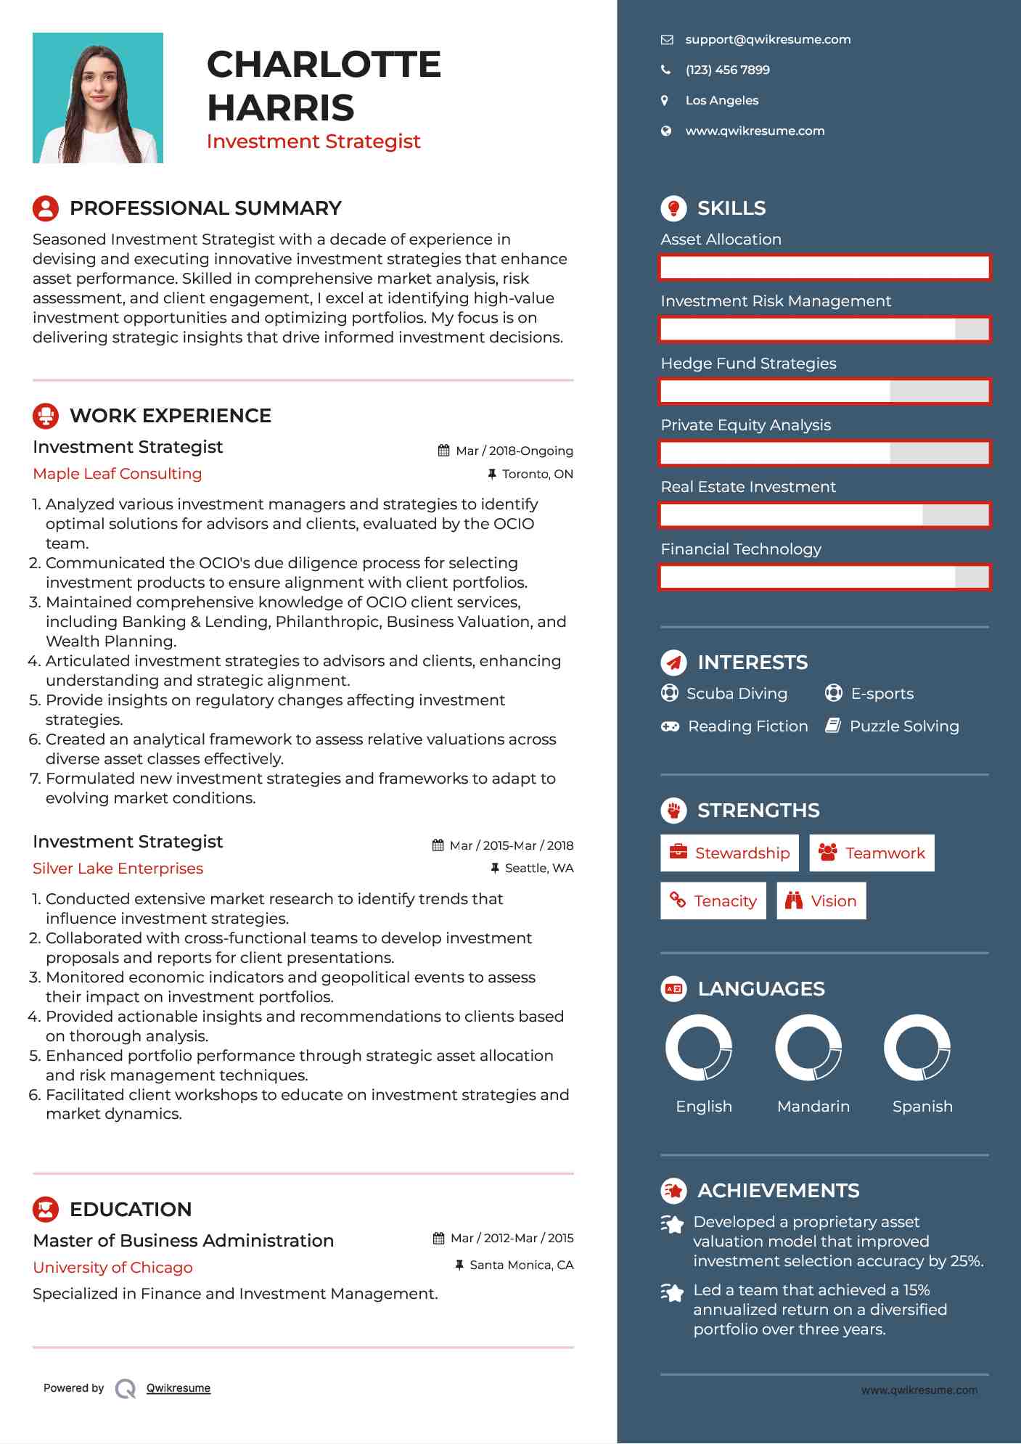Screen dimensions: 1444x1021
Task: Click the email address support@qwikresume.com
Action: tap(767, 40)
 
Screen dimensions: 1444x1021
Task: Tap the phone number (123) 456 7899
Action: tap(727, 70)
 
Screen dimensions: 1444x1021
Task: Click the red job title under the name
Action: tap(313, 141)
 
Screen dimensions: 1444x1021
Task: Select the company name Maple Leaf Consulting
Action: tap(118, 474)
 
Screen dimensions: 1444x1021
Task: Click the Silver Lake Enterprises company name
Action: tap(118, 869)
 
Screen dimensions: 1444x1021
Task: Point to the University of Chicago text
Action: tap(112, 1268)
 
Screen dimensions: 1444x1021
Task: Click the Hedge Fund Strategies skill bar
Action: tap(824, 392)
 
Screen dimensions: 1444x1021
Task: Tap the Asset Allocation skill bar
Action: tap(824, 268)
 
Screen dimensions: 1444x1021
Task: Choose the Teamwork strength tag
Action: tap(872, 853)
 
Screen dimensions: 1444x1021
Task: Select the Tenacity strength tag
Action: tap(713, 901)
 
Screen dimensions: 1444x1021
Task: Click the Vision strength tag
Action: tap(821, 901)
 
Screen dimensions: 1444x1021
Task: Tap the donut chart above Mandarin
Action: tap(808, 1048)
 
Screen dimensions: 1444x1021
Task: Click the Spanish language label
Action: tap(922, 1107)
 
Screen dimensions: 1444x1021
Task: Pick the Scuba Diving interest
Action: tap(736, 694)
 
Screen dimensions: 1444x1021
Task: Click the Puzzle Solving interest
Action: tap(903, 726)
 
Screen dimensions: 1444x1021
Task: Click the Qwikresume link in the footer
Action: tap(179, 1388)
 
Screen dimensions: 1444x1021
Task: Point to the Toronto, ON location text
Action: tap(537, 475)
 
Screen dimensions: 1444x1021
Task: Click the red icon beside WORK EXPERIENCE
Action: tap(46, 416)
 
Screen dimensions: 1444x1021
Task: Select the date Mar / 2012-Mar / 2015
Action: tap(512, 1239)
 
